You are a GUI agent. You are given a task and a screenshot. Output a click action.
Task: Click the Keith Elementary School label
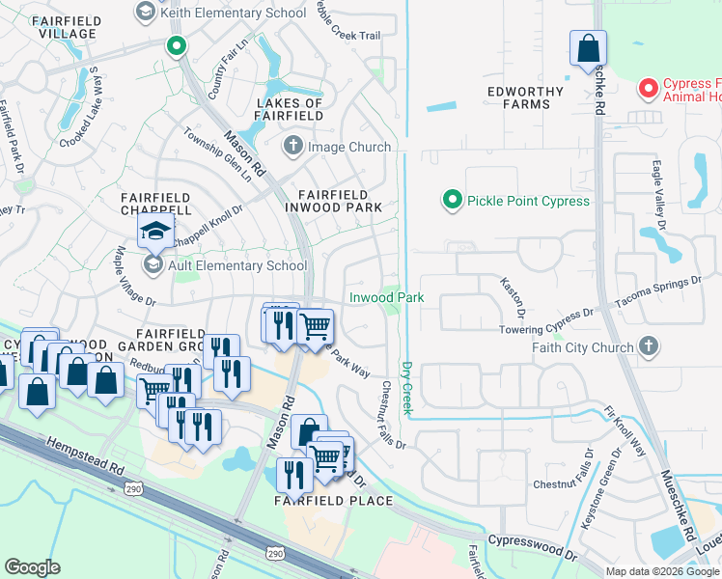(x=232, y=13)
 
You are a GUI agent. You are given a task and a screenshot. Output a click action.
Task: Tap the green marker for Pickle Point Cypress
(x=451, y=201)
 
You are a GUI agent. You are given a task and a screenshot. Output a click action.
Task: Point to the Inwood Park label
(x=386, y=298)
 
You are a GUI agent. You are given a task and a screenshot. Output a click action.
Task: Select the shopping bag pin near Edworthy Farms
(x=587, y=49)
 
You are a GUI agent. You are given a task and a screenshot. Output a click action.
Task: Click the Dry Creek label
(x=406, y=390)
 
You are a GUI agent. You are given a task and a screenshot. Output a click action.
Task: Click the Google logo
(x=33, y=567)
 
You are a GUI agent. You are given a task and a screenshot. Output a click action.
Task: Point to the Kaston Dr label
(x=512, y=297)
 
